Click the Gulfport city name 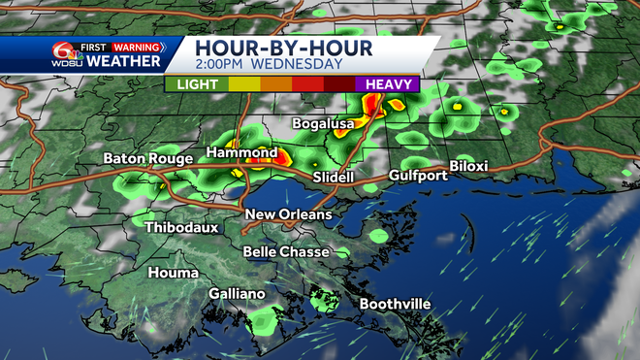coord(418,176)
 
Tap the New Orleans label coord(288,214)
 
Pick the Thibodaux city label coord(181,228)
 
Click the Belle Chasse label coord(288,252)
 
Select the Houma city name coord(173,274)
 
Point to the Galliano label coord(237,294)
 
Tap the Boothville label coord(395,304)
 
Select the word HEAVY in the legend coord(390,84)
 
